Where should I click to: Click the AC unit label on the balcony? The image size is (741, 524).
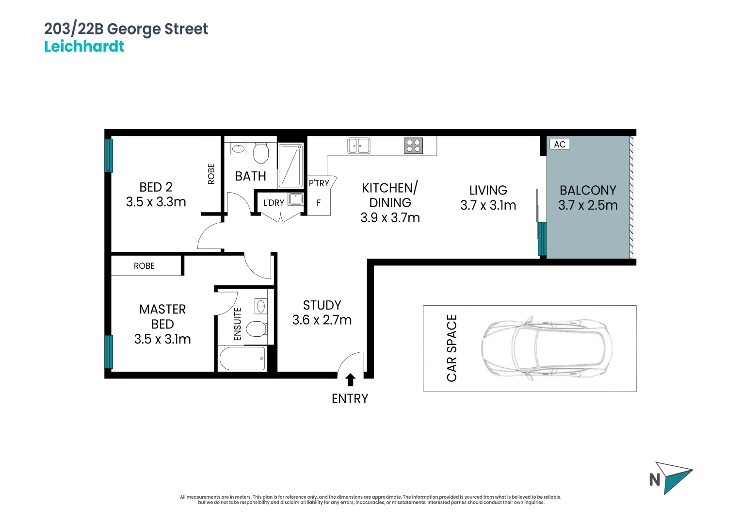point(559,145)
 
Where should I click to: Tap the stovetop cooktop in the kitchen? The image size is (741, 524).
point(413,146)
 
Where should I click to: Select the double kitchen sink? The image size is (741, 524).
point(359,146)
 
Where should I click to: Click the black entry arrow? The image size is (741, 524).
point(350,379)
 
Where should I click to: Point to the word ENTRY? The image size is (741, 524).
point(350,399)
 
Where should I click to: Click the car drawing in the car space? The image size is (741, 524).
point(547,348)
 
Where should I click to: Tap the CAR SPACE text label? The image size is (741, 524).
point(451,348)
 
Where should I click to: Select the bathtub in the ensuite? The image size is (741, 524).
point(242,359)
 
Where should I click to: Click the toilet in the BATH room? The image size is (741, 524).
point(261,153)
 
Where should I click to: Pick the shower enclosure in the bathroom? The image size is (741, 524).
point(290,165)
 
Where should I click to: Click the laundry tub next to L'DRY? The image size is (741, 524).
point(295,199)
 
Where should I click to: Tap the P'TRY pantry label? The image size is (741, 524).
point(319,183)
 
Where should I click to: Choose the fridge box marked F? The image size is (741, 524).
point(319,203)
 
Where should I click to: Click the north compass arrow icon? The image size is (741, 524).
point(674,477)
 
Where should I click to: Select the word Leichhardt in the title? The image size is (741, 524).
point(84,47)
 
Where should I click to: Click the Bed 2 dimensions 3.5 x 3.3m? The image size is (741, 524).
point(156,202)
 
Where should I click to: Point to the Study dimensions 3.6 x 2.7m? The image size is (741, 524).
point(322,320)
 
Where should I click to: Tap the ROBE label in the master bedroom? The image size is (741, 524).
point(144,266)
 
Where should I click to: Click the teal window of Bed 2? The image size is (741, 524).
point(109,155)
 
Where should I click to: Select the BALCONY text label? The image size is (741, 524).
point(588,190)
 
